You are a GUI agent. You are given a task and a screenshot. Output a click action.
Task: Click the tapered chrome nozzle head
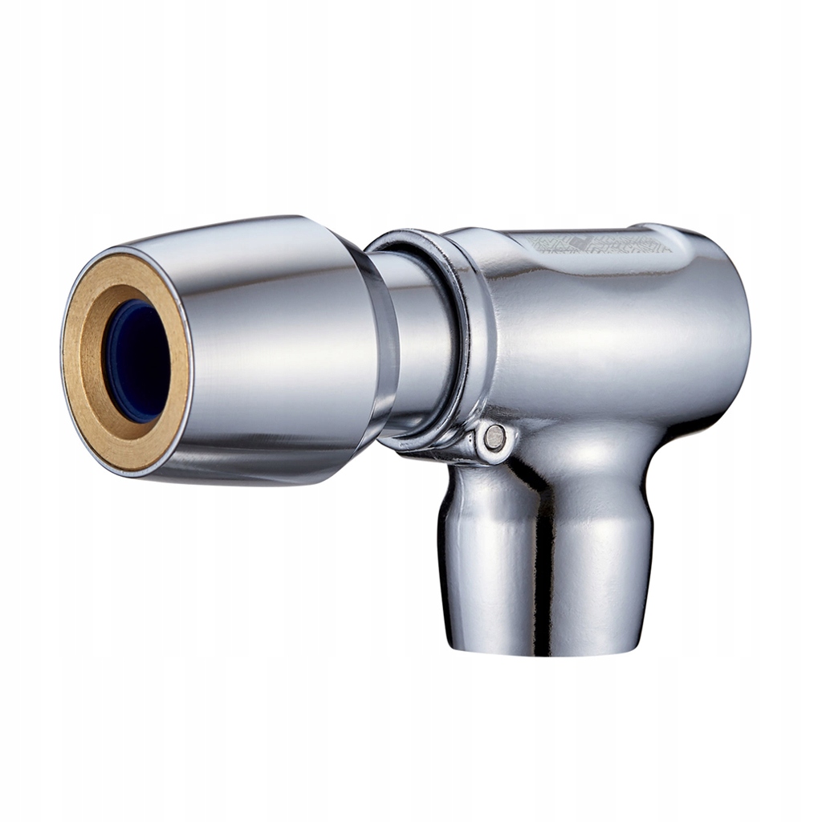click(x=265, y=353)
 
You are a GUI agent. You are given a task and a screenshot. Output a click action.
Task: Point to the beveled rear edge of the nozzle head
click(x=377, y=353)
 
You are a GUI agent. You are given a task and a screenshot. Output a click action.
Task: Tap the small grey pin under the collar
click(x=495, y=437)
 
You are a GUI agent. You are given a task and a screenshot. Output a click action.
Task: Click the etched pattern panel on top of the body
click(x=602, y=241)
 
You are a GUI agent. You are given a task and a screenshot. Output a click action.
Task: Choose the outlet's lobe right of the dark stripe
click(x=602, y=562)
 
